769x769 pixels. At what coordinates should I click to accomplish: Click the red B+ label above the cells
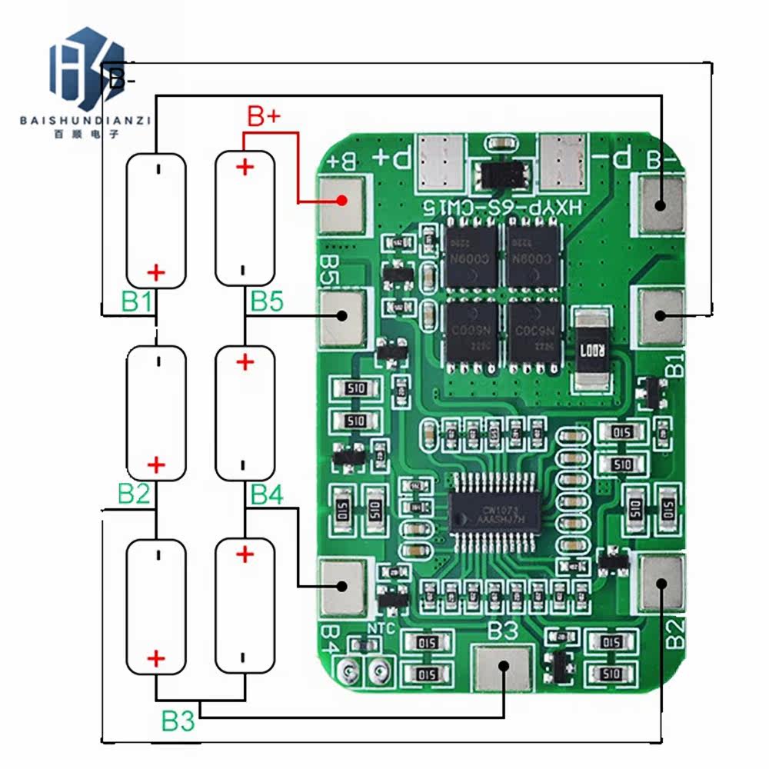(x=264, y=117)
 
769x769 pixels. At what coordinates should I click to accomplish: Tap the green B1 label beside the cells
(x=137, y=302)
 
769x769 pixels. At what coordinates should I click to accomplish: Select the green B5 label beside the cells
(x=266, y=302)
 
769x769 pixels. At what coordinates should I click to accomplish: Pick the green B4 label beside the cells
(x=266, y=494)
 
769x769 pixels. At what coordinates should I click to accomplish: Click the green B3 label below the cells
(x=178, y=721)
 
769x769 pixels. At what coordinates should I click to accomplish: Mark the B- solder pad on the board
(x=659, y=204)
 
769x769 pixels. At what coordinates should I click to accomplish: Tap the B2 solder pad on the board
(x=661, y=583)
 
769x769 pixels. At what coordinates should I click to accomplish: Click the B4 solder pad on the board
(x=341, y=587)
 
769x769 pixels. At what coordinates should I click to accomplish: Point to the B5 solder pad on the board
(x=341, y=316)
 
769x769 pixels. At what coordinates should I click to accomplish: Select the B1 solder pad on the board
(x=659, y=315)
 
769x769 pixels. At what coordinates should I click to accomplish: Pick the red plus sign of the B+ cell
(x=245, y=167)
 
